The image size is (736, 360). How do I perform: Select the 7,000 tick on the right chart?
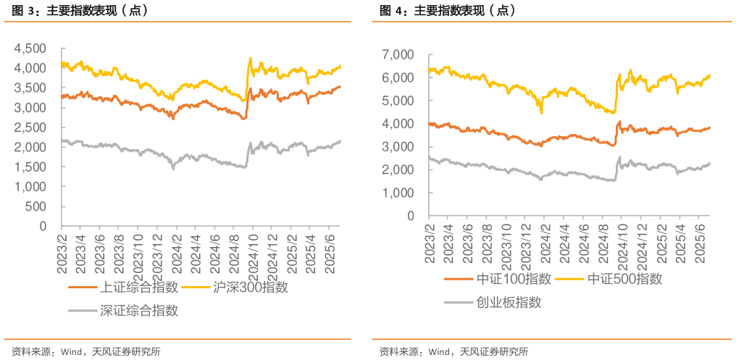pos(399,54)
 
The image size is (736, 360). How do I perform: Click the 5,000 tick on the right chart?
pos(399,101)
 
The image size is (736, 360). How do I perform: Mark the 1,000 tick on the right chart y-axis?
pos(399,193)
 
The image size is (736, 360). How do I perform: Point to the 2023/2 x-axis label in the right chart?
pos(430,243)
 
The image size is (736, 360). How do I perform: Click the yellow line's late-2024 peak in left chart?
pos(251,58)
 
